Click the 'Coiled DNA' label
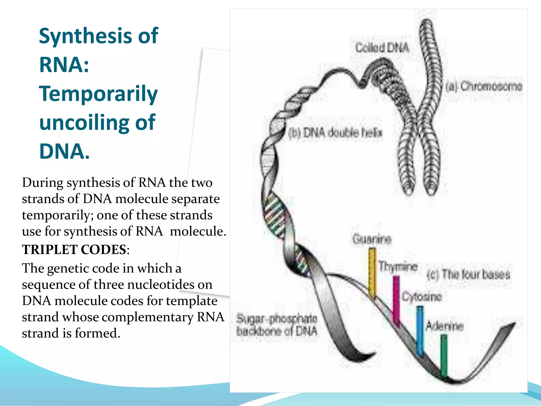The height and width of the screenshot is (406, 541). pyautogui.click(x=382, y=48)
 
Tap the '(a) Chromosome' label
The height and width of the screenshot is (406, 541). pyautogui.click(x=484, y=86)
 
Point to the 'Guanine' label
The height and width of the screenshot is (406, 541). pyautogui.click(x=372, y=239)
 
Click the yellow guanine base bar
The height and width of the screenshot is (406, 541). pyautogui.click(x=372, y=272)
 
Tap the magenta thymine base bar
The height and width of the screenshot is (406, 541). pyautogui.click(x=396, y=299)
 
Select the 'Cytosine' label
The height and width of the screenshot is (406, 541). pyautogui.click(x=422, y=297)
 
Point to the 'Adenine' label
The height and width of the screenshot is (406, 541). pyautogui.click(x=445, y=326)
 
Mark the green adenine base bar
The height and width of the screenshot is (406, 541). pyautogui.click(x=444, y=354)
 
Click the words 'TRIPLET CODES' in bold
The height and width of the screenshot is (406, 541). pyautogui.click(x=74, y=250)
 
